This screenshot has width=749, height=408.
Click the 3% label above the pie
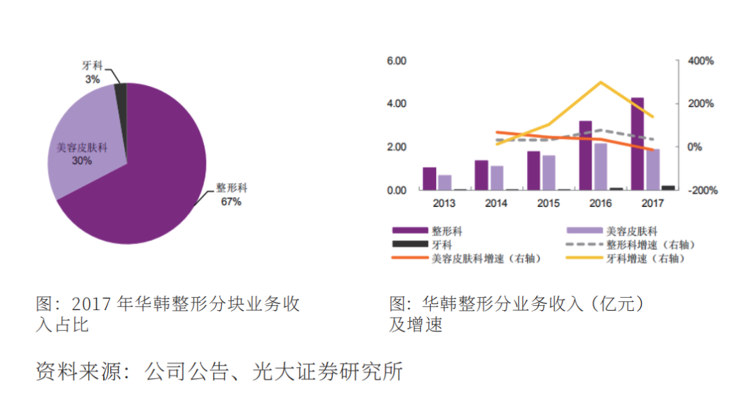pos(92,79)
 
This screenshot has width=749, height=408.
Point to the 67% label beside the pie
pos(231,201)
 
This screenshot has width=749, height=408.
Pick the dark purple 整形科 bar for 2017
pos(637,144)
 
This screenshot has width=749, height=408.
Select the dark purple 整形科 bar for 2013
pos(429,178)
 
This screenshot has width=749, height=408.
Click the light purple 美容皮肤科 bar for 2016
pos(601,167)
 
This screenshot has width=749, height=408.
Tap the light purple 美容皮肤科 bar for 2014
pos(497,178)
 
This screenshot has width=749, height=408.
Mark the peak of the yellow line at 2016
pos(600,82)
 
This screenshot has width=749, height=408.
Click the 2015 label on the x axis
pos(548,203)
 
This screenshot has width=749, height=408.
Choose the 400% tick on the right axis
pos(700,61)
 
